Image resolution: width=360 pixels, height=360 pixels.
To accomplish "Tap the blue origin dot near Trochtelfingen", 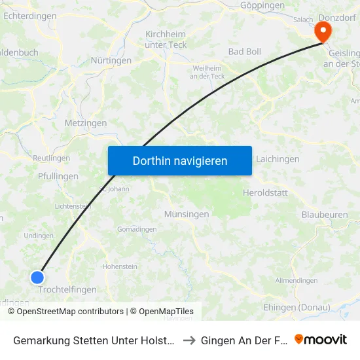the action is point(37,277).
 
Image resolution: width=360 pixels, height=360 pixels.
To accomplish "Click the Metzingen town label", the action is point(85,123).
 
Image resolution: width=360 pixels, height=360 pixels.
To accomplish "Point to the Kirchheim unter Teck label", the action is point(165,39).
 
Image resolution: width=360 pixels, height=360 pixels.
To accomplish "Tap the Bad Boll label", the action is point(244,52).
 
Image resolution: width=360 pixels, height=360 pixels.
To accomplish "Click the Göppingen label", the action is point(262,5).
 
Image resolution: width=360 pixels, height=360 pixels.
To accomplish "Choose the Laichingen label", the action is point(278,159).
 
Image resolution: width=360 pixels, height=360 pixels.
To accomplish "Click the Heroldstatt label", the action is point(264,193).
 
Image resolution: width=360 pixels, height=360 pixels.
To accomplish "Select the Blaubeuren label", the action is point(324,214).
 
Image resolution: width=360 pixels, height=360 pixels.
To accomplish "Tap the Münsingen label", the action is point(187,214).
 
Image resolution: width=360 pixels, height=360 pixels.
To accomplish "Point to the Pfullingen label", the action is point(58,176).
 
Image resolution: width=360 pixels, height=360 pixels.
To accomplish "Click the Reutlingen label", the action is point(51,158).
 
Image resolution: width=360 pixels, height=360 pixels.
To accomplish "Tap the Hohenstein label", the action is point(120,267).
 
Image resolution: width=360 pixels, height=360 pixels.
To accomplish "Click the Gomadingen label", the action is point(137,229).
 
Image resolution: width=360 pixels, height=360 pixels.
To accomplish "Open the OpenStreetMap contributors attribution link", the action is point(69,312).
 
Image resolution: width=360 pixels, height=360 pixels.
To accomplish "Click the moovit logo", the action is point(321,339).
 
